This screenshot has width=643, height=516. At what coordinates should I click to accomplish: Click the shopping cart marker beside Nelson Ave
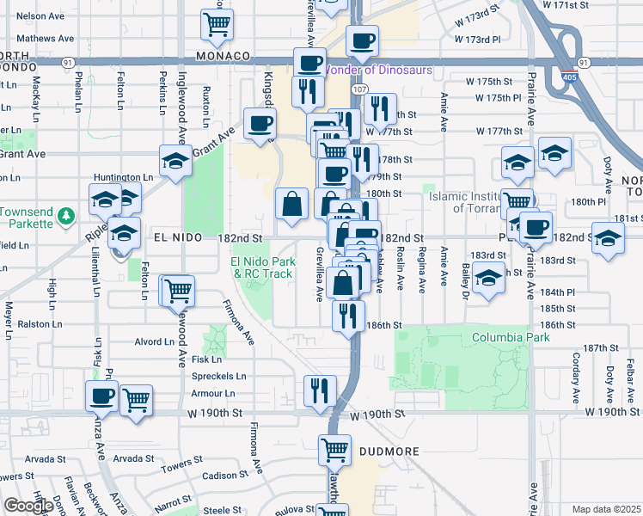216,24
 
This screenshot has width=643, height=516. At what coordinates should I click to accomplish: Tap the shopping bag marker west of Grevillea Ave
291,205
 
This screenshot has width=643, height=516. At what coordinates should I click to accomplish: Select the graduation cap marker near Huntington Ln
175,161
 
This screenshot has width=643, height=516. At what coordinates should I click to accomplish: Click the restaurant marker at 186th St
349,316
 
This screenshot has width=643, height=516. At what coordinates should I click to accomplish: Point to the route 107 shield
360,89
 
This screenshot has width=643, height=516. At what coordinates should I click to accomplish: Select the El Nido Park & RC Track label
261,267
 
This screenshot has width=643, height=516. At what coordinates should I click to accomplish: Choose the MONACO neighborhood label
223,55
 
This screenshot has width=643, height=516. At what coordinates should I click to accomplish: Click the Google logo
28,506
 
